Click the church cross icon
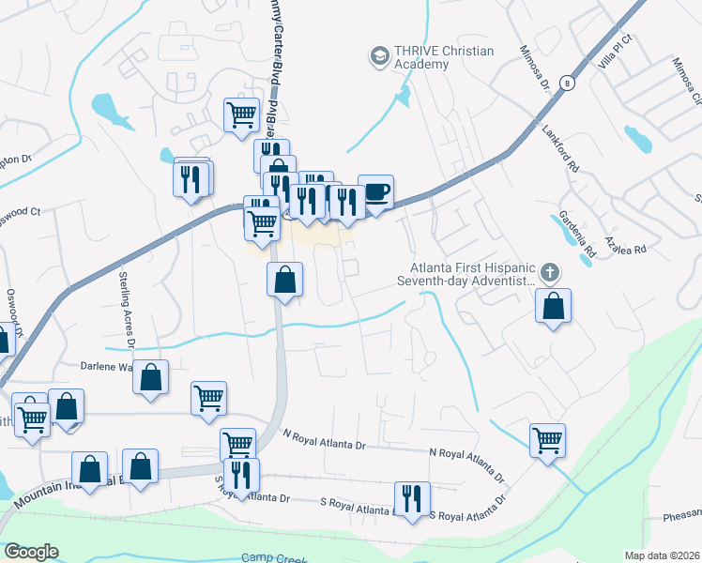pyautogui.click(x=550, y=273)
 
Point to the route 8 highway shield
pyautogui.click(x=566, y=83)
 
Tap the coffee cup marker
pyautogui.click(x=375, y=192)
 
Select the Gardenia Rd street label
pyautogui.click(x=576, y=236)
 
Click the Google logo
pyautogui.click(x=31, y=552)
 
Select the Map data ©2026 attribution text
pyautogui.click(x=663, y=555)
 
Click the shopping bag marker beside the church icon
pyautogui.click(x=554, y=305)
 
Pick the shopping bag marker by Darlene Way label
pyautogui.click(x=151, y=377)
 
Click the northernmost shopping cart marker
pyautogui.click(x=241, y=114)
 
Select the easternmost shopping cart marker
pyautogui.click(x=547, y=438)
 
